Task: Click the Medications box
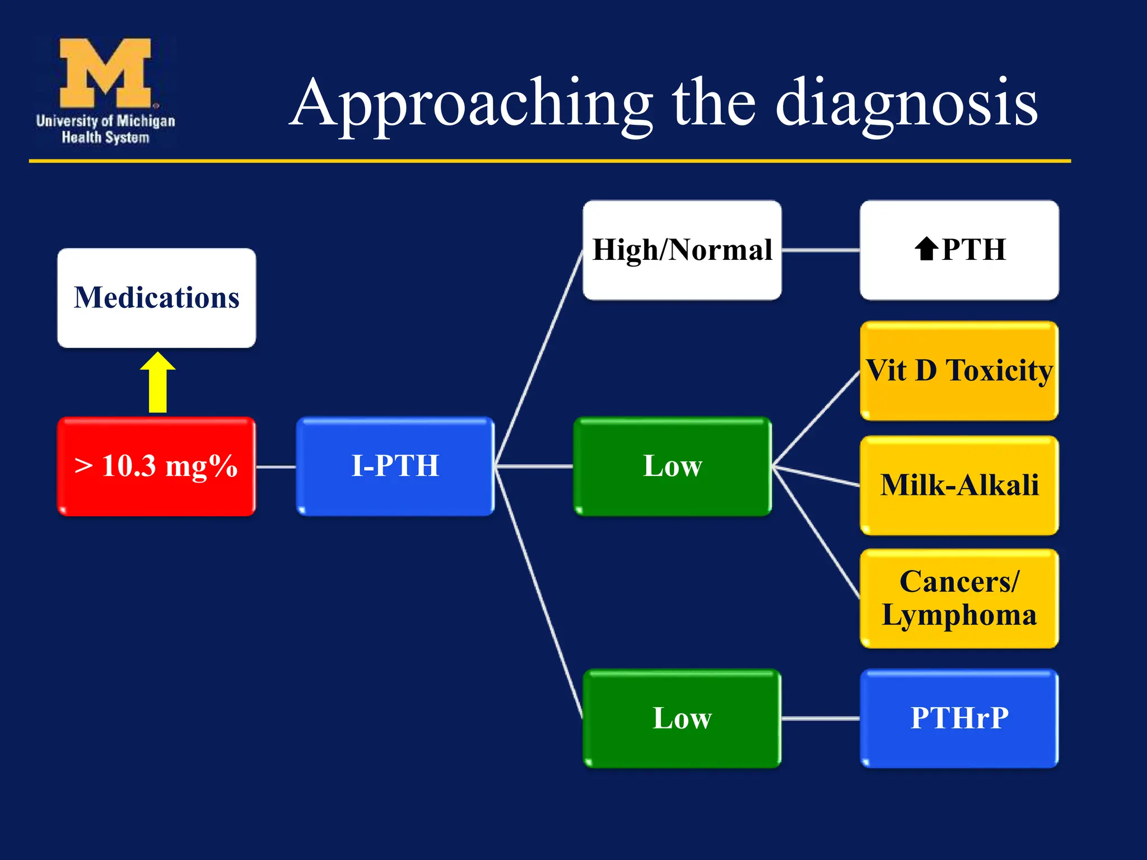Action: pyautogui.click(x=156, y=297)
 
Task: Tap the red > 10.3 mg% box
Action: pyautogui.click(x=156, y=466)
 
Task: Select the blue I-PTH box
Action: pyautogui.click(x=395, y=466)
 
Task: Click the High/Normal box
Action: pyautogui.click(x=682, y=250)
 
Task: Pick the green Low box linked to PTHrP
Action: pyautogui.click(x=682, y=718)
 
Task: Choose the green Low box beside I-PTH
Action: pyautogui.click(x=672, y=466)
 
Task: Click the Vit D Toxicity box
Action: pyautogui.click(x=959, y=371)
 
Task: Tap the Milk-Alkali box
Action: pyautogui.click(x=959, y=485)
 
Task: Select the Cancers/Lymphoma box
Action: pyautogui.click(x=959, y=598)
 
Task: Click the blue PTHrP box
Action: pyautogui.click(x=959, y=718)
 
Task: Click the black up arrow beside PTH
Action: pyautogui.click(x=926, y=249)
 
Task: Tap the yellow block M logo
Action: pyautogui.click(x=105, y=73)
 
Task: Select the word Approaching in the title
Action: pyautogui.click(x=470, y=104)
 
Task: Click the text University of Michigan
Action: pyautogui.click(x=105, y=121)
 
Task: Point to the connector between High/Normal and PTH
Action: pyautogui.click(x=820, y=250)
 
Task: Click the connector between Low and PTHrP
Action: pyautogui.click(x=820, y=718)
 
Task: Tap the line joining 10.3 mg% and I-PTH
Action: pyautogui.click(x=276, y=466)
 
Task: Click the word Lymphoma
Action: pyautogui.click(x=959, y=615)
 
